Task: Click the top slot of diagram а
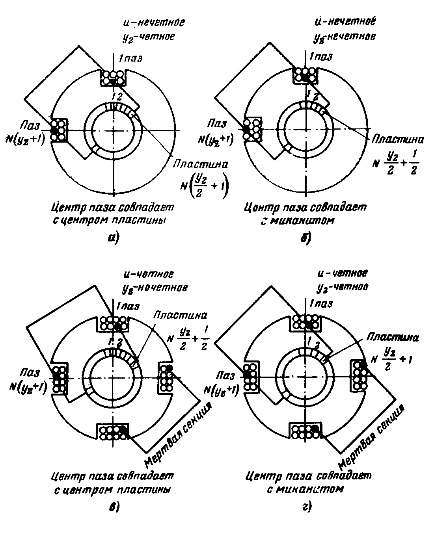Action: [114, 78]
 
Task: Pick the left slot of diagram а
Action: [59, 129]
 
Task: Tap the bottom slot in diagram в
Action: [113, 432]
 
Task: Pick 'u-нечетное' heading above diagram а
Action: [153, 22]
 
